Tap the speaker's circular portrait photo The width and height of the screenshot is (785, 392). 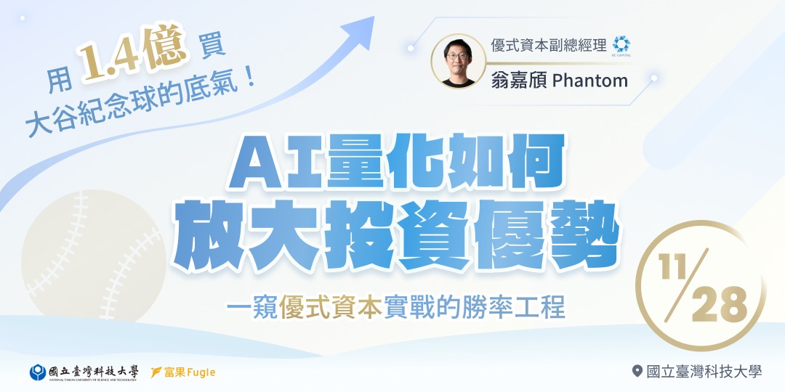click(459, 61)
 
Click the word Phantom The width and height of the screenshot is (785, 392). click(590, 80)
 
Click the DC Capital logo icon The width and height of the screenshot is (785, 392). click(621, 44)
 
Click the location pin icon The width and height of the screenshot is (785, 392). click(637, 372)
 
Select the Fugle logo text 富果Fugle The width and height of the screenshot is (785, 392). click(183, 372)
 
